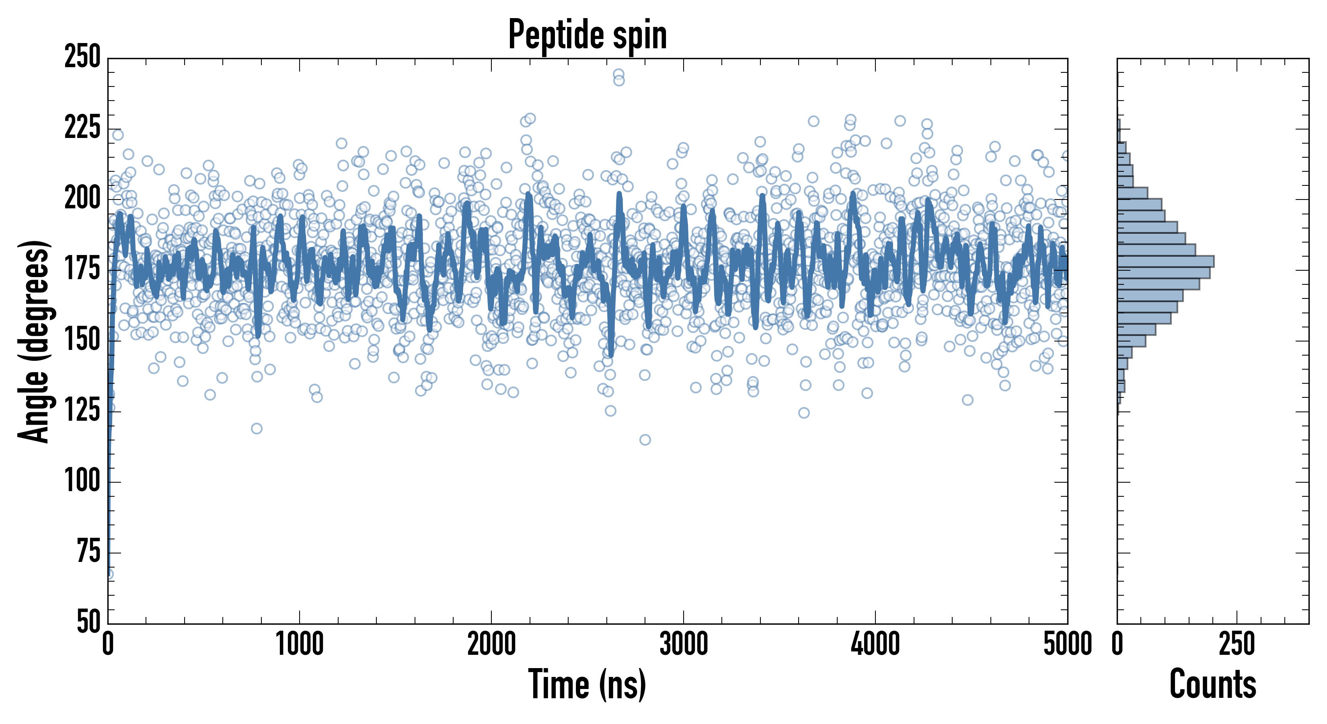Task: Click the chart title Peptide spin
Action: (x=587, y=35)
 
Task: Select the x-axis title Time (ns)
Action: (x=587, y=684)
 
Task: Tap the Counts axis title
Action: (x=1213, y=684)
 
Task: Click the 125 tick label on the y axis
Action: (x=82, y=411)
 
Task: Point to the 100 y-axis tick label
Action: (x=82, y=482)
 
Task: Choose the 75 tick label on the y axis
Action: (x=88, y=552)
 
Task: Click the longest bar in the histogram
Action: (x=1165, y=261)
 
